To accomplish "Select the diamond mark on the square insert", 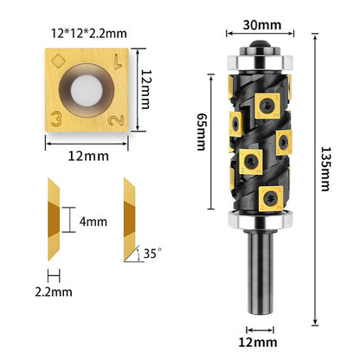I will click(x=56, y=61).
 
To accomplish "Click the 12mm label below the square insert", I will click(x=87, y=157).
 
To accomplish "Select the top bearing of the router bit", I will click(x=260, y=61).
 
